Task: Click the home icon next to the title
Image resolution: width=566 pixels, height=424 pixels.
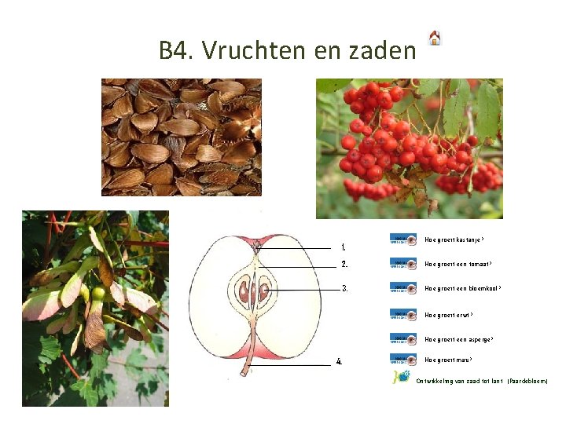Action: tap(435, 38)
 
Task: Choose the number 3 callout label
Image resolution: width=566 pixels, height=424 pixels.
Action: tap(344, 288)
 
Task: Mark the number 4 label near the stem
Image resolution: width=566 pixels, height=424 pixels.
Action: tap(339, 362)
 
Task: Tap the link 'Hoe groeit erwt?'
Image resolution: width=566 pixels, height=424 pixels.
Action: tap(449, 315)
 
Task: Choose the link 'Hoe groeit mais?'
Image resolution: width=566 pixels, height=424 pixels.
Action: tap(448, 360)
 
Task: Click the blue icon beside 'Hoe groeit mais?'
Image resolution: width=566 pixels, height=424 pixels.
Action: tap(403, 360)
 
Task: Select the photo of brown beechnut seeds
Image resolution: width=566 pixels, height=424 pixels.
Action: tap(181, 137)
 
